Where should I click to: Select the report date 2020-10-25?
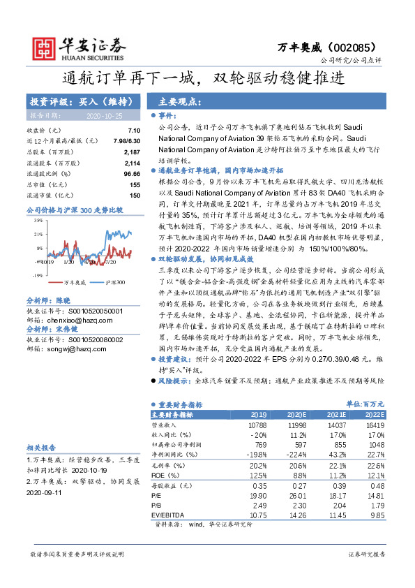(x=105, y=115)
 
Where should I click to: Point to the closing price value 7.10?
(x=135, y=131)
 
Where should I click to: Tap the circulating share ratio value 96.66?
(x=133, y=172)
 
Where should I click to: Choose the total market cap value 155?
(x=136, y=183)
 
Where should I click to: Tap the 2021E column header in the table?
(x=335, y=413)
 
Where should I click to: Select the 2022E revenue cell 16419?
(x=374, y=424)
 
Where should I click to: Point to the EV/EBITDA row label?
(x=170, y=514)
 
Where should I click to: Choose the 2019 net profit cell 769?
(x=259, y=444)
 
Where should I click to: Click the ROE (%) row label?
(x=165, y=474)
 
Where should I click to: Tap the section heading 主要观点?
(x=179, y=101)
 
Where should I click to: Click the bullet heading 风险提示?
(x=174, y=381)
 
